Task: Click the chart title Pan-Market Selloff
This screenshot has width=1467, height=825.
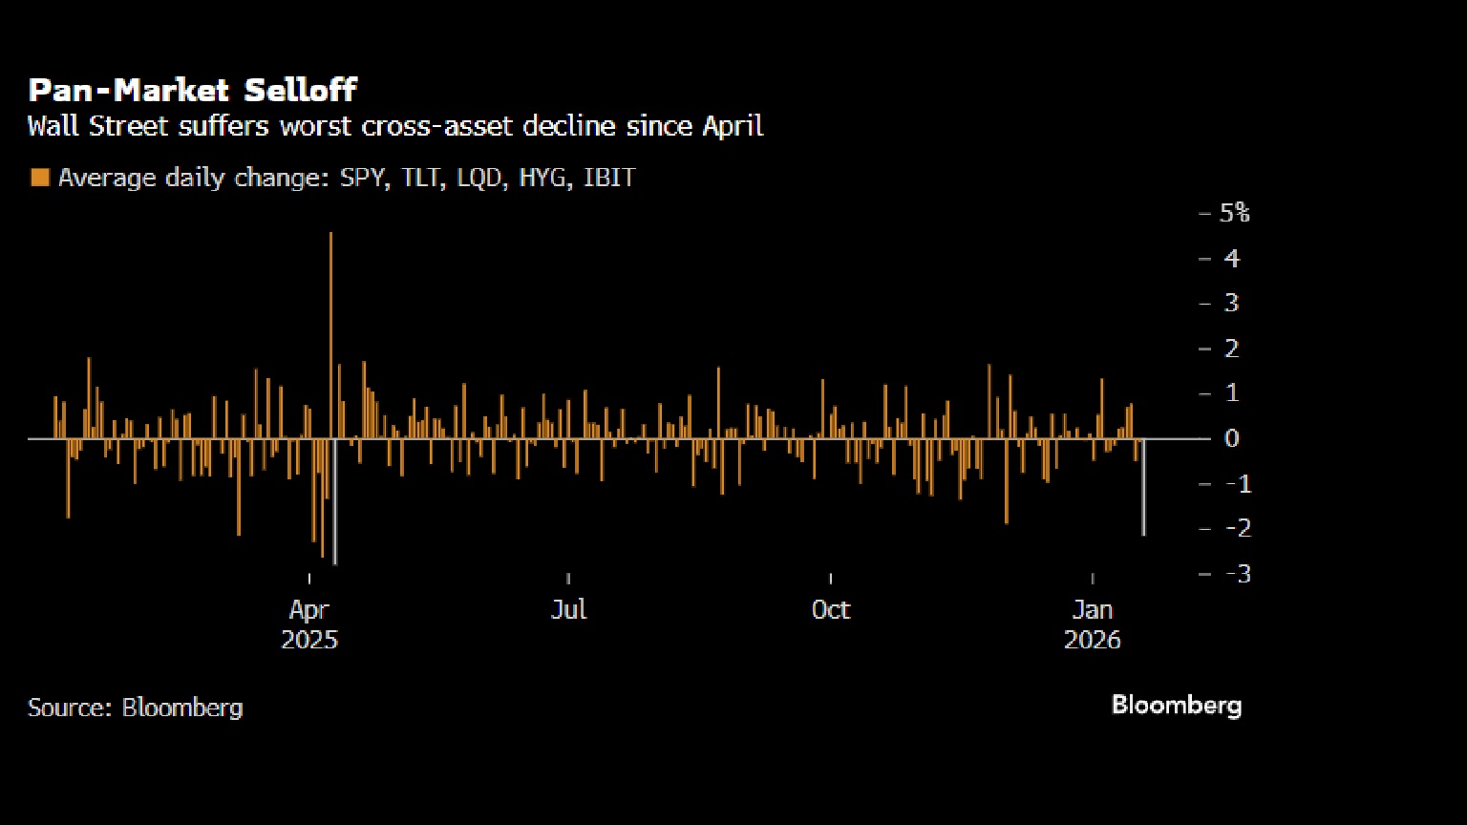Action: click(x=193, y=91)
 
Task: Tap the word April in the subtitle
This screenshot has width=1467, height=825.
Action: click(x=733, y=126)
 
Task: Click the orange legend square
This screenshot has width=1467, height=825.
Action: click(x=40, y=178)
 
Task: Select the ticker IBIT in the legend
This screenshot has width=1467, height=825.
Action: click(x=609, y=178)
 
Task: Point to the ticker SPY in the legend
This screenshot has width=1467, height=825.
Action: click(x=362, y=178)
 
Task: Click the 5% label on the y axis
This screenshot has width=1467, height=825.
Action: click(x=1235, y=213)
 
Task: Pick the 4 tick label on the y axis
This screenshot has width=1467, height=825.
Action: click(x=1232, y=259)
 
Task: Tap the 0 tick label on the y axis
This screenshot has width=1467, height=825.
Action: click(x=1232, y=438)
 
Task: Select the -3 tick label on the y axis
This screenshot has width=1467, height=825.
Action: click(x=1238, y=574)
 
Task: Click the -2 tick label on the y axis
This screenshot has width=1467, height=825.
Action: click(x=1238, y=528)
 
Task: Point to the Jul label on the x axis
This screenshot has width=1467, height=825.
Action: click(x=568, y=609)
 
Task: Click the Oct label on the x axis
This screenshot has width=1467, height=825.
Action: click(x=830, y=609)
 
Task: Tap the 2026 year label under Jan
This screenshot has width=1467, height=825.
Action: click(x=1093, y=640)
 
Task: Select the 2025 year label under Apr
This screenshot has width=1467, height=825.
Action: click(x=309, y=640)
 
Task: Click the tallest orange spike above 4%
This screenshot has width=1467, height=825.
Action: click(x=330, y=335)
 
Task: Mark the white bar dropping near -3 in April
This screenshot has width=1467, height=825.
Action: click(x=335, y=501)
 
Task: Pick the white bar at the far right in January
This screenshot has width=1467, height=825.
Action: click(x=1143, y=487)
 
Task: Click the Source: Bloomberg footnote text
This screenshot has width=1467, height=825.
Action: click(x=135, y=708)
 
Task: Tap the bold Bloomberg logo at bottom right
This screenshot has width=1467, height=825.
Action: click(x=1177, y=706)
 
